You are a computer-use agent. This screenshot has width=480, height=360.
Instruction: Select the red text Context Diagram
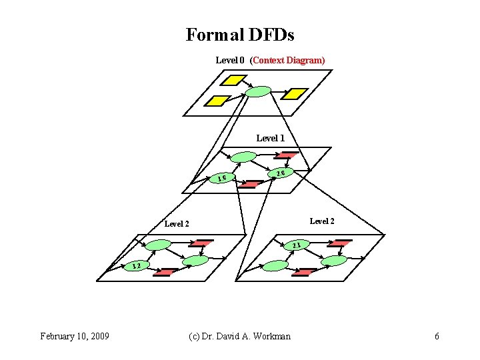tap(287, 60)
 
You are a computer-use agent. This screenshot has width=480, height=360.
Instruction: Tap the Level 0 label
tap(230, 60)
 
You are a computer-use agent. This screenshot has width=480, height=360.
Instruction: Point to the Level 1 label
tap(271, 138)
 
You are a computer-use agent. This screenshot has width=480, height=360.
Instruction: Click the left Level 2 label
tap(177, 224)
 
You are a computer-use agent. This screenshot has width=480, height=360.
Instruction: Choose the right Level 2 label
tap(322, 221)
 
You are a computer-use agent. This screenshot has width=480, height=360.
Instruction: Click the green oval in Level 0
tap(258, 91)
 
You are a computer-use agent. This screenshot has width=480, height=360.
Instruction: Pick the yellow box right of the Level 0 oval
tap(294, 94)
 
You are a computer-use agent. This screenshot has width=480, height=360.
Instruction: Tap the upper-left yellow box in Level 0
tap(233, 81)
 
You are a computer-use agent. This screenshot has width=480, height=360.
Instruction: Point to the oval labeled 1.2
tap(136, 267)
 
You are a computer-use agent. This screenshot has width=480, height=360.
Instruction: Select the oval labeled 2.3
tap(296, 246)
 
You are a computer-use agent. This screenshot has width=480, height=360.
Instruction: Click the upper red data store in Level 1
tap(287, 155)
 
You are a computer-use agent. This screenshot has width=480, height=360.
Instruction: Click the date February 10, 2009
tap(75, 336)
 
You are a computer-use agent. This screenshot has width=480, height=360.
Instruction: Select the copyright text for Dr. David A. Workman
tap(239, 336)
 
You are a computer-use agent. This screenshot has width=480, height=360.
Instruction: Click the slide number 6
tap(437, 336)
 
